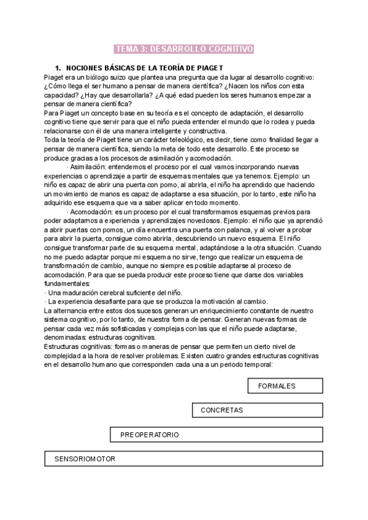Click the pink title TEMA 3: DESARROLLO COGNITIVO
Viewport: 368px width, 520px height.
tap(185, 49)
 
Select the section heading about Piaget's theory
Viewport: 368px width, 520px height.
tap(144, 67)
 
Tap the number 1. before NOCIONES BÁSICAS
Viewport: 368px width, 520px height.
tap(58, 67)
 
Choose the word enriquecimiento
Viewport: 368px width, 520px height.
tap(229, 311)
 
